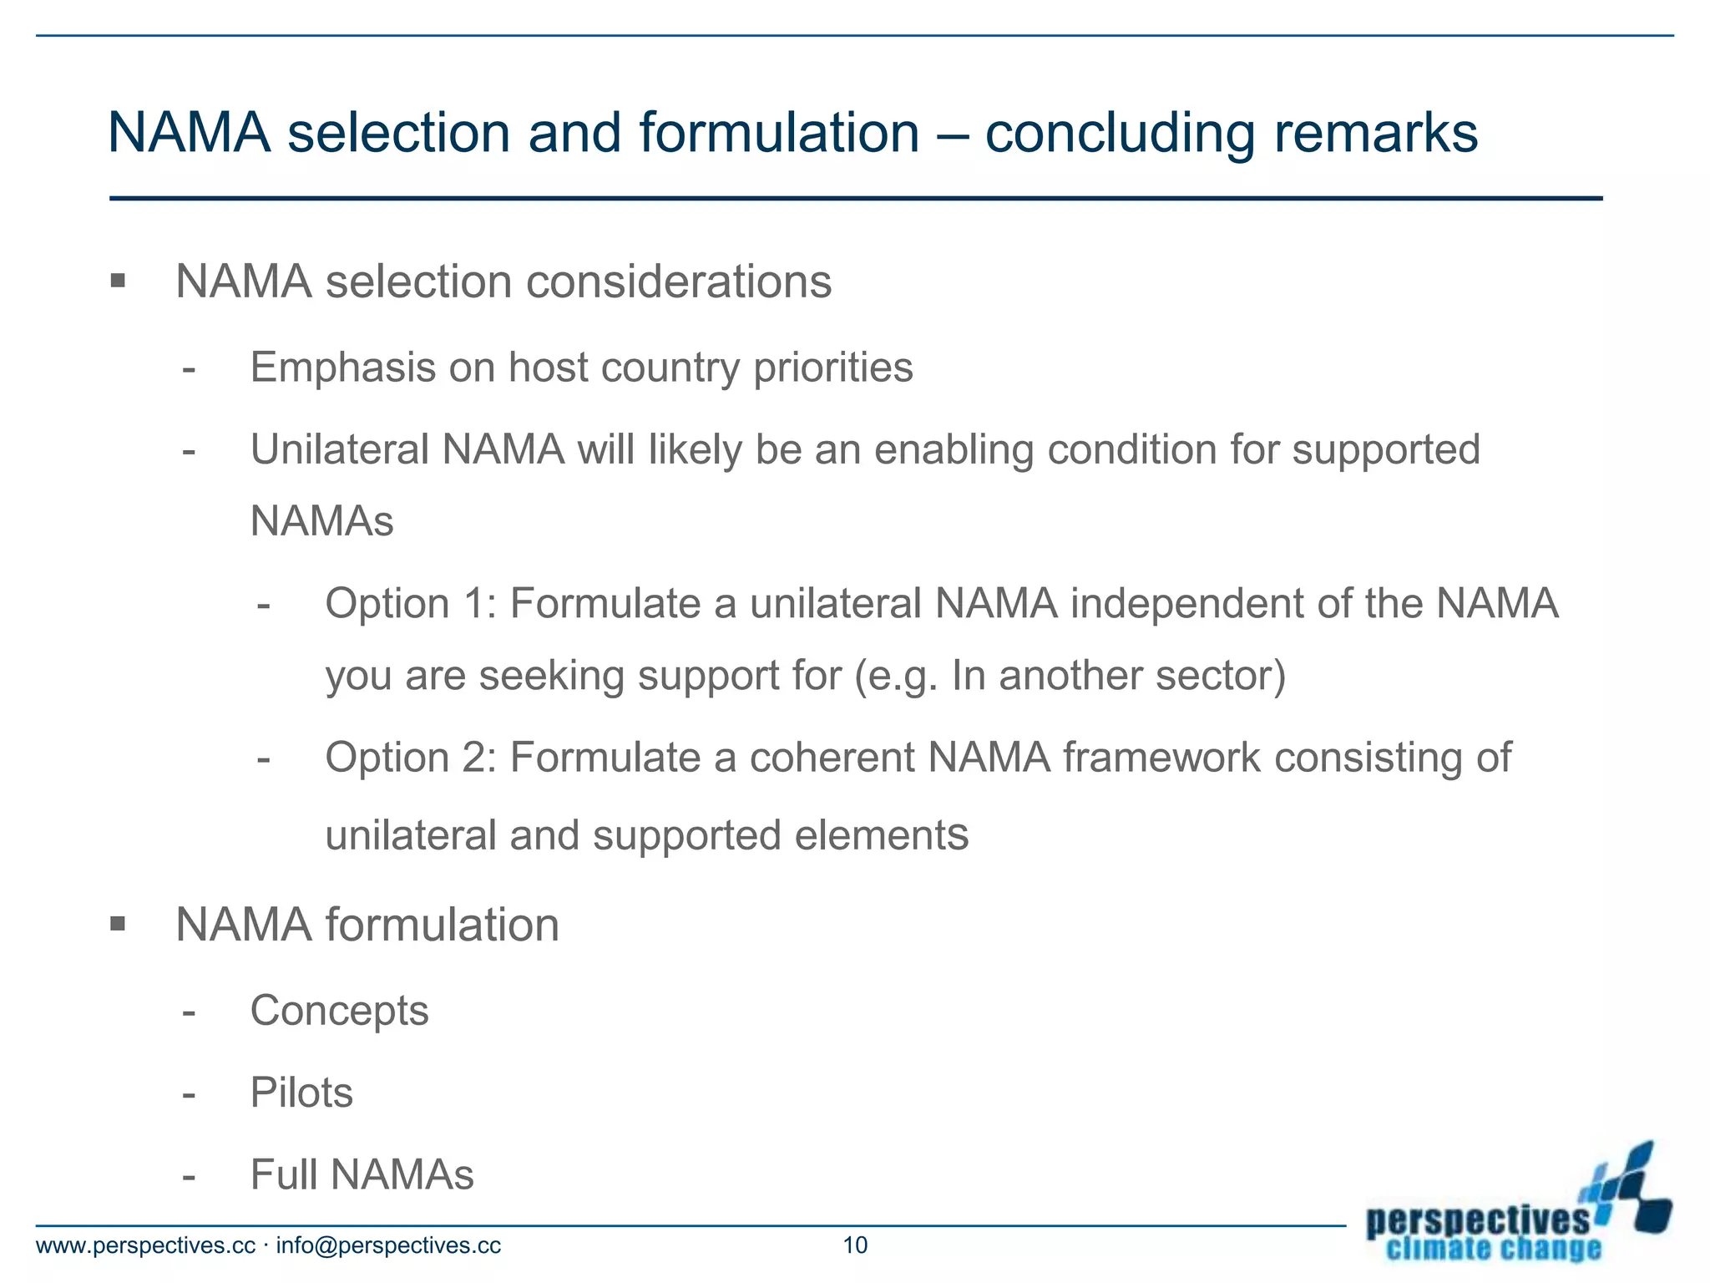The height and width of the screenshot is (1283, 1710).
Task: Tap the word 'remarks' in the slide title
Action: (x=1375, y=134)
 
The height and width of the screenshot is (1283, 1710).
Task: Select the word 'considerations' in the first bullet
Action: (x=679, y=281)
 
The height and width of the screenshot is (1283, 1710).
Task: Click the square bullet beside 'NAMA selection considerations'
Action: (x=118, y=281)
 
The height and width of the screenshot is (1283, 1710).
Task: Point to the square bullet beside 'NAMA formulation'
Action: (x=118, y=924)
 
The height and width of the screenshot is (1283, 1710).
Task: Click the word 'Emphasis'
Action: (x=342, y=368)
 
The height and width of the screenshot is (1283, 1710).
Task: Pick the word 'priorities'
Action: (x=833, y=368)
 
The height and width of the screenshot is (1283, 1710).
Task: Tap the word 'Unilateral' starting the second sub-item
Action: (x=339, y=449)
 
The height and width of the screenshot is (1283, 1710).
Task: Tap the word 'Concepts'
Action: (x=339, y=1011)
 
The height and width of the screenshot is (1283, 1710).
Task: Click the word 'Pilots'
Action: (x=301, y=1093)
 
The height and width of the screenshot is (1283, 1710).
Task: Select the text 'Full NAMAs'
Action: (x=362, y=1174)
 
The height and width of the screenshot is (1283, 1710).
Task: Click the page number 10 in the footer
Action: (x=855, y=1245)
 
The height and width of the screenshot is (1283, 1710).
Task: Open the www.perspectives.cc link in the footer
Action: (x=145, y=1245)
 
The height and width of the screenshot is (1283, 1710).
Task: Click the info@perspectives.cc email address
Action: (x=388, y=1245)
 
